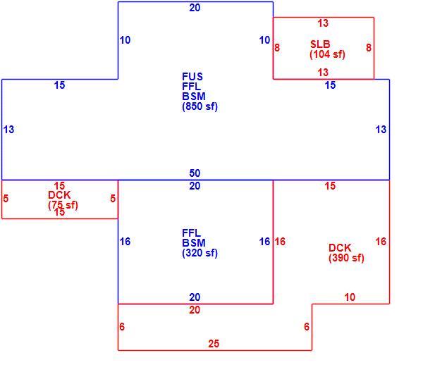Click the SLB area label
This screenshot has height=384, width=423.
320,44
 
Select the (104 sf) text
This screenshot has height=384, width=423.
327,54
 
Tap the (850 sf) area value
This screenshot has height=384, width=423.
200,106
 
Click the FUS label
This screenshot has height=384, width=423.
192,77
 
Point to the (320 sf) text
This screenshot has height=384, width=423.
200,253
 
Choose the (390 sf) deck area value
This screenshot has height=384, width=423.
346,258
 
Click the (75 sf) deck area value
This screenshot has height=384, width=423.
63,205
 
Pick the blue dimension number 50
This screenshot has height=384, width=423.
195,173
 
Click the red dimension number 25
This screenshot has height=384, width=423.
214,344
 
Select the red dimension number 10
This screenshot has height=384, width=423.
350,297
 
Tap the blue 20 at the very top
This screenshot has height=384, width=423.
195,8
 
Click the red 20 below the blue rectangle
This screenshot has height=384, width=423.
195,310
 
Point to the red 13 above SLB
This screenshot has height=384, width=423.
323,23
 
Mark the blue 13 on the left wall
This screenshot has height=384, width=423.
8,130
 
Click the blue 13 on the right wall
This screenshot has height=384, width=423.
381,130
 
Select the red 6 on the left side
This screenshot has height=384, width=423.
122,327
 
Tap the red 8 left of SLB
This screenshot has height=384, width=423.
277,48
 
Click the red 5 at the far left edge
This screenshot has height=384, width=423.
6,199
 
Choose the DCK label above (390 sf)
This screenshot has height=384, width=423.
340,248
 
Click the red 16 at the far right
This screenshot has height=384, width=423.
381,242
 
